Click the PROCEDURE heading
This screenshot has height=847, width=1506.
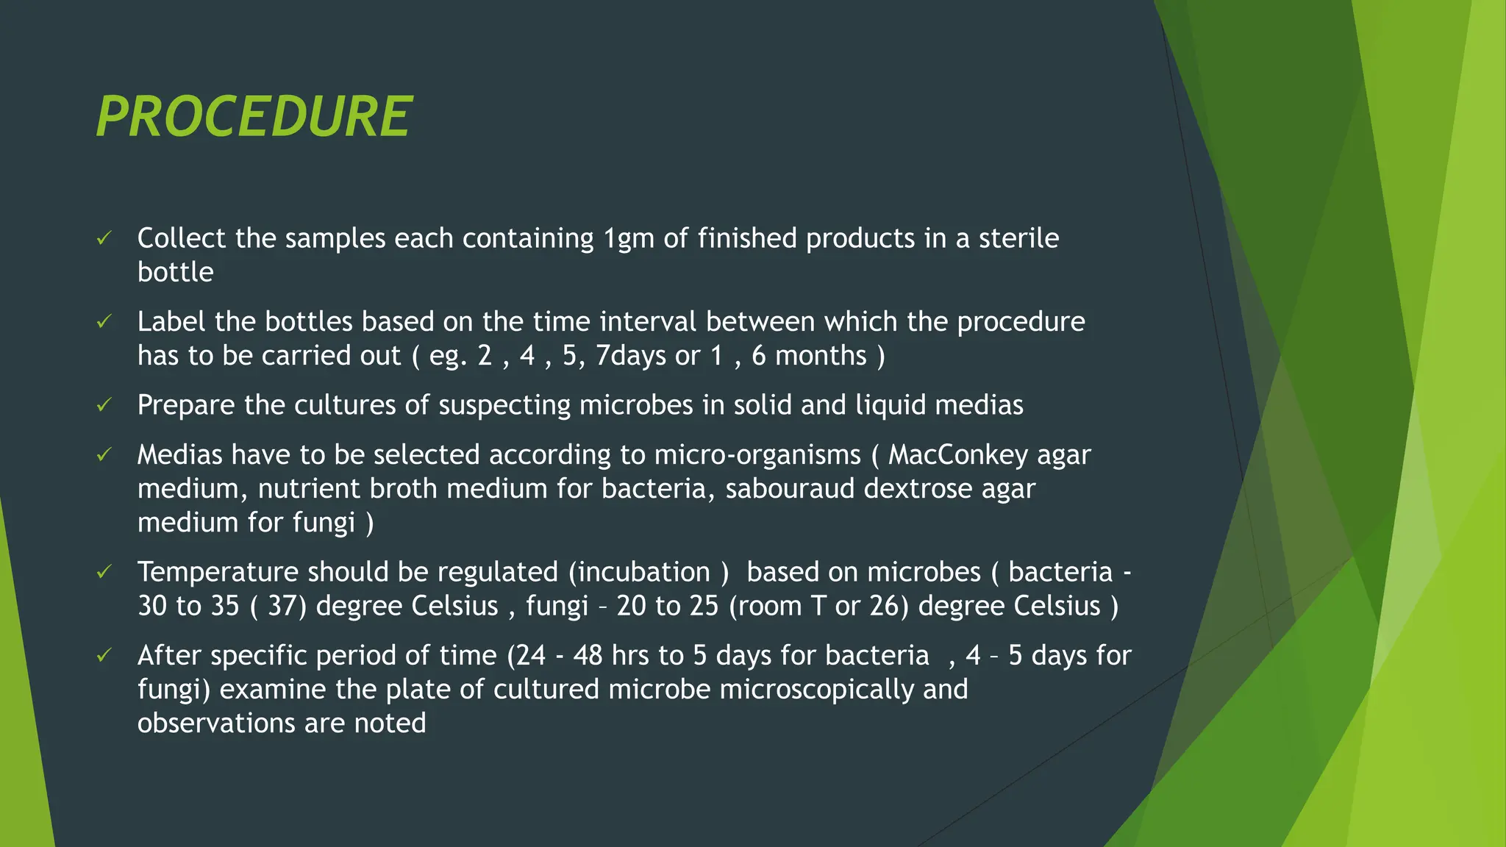(x=254, y=117)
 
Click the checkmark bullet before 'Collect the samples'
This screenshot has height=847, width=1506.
(x=104, y=238)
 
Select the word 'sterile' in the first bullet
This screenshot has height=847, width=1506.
(x=1018, y=238)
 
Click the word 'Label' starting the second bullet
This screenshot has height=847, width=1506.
(x=171, y=322)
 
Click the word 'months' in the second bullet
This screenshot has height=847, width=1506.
(x=821, y=356)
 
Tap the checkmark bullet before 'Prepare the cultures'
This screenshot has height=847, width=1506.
(x=104, y=405)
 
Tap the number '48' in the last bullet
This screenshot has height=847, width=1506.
(x=588, y=655)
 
